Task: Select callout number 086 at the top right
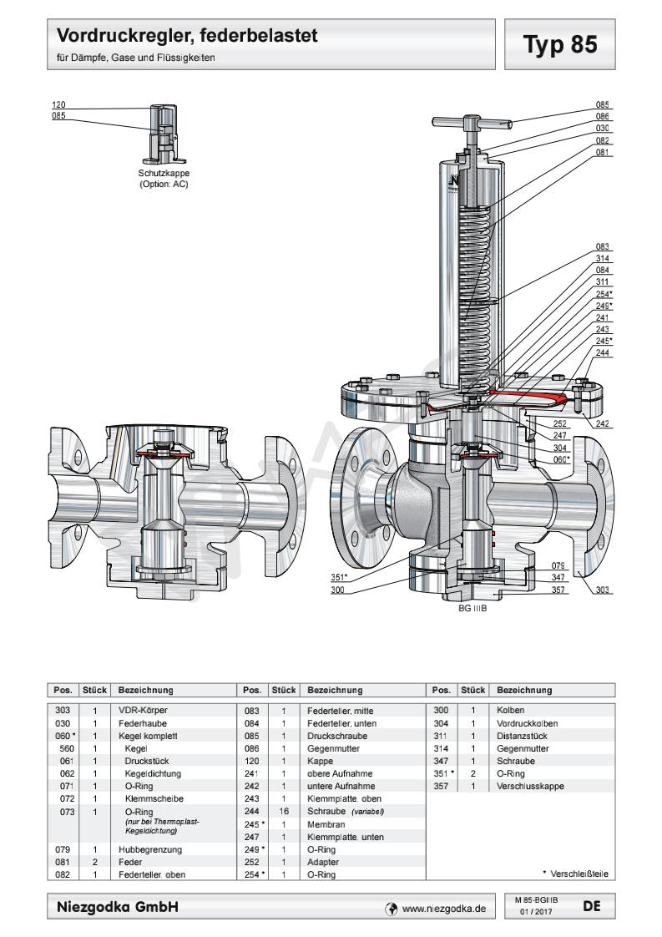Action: click(x=602, y=117)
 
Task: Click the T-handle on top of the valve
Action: click(x=472, y=124)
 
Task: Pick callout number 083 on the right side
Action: click(x=602, y=247)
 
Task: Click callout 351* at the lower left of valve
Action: click(x=340, y=575)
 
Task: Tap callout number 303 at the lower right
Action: click(x=602, y=590)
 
